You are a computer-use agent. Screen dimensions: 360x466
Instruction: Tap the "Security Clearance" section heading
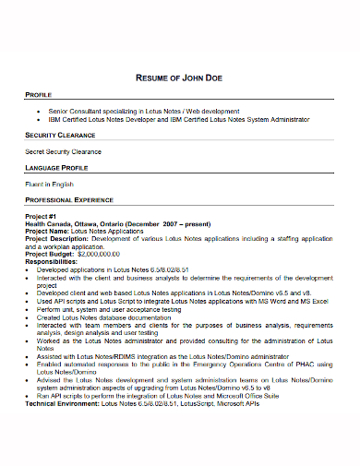pos(63,134)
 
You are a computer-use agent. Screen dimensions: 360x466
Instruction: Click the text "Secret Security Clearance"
pos(63,150)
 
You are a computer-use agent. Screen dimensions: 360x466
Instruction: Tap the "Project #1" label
pos(42,217)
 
